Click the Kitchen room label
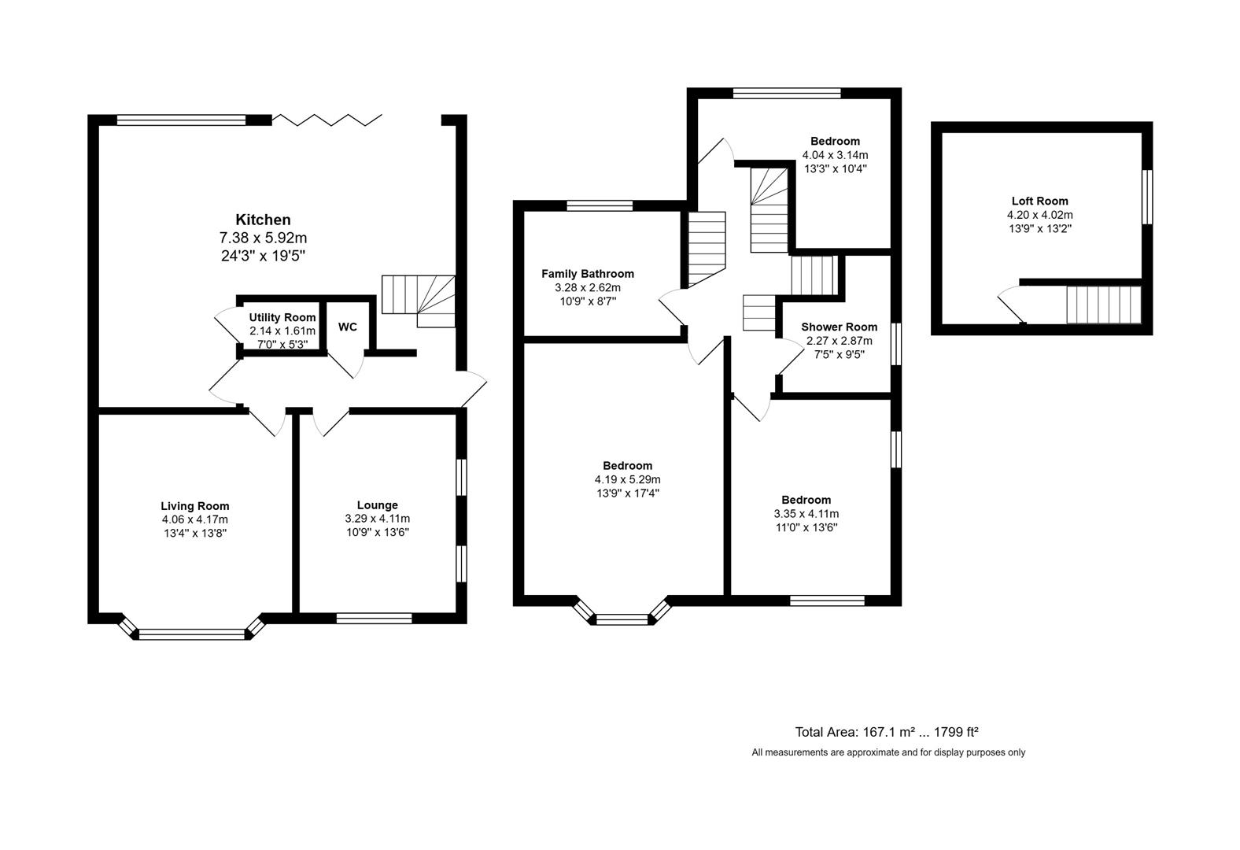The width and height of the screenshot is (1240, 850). click(x=263, y=220)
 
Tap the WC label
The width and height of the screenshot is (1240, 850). click(x=347, y=327)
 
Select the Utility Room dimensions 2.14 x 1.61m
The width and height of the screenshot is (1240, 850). click(x=282, y=331)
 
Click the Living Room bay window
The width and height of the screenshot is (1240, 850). click(x=193, y=632)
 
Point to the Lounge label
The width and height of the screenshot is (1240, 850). click(x=377, y=505)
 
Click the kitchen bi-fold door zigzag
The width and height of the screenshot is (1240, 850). click(x=327, y=120)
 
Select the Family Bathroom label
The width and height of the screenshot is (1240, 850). click(x=587, y=274)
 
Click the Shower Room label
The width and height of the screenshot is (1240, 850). click(x=839, y=327)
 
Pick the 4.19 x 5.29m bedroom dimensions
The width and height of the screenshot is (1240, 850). click(x=627, y=479)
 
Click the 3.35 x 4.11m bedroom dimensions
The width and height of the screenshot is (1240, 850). click(x=806, y=514)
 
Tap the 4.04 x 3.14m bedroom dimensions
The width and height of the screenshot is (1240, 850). click(x=835, y=155)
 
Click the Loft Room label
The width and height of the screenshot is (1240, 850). click(x=1039, y=201)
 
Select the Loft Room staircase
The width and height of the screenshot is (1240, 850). click(x=1103, y=305)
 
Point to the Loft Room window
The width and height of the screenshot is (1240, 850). click(x=1147, y=197)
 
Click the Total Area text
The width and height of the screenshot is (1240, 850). click(x=886, y=732)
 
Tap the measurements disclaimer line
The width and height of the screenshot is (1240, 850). click(x=888, y=752)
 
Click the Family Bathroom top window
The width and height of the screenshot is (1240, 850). click(x=600, y=206)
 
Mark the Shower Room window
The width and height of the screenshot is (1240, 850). click(x=895, y=343)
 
